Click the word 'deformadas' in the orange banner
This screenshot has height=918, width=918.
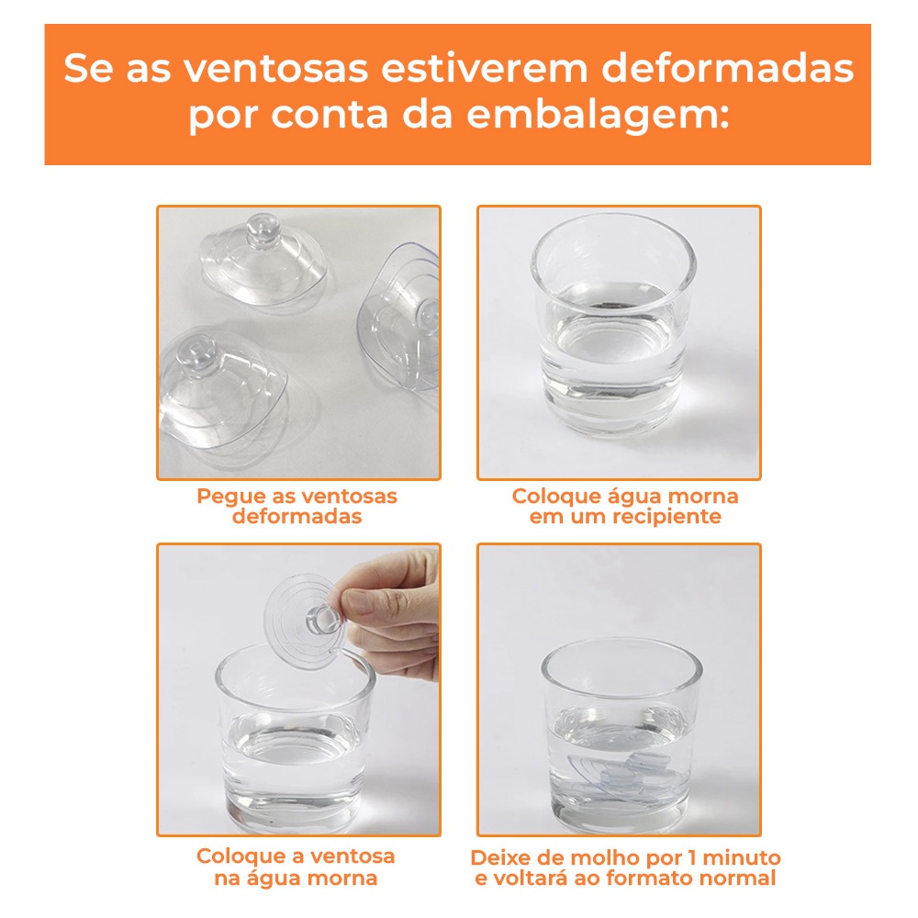pos(728,68)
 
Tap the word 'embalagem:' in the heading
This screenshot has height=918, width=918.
pos(598,115)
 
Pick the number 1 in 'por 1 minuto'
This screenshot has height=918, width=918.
pos(692,857)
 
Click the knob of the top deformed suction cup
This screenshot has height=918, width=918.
pos(263,230)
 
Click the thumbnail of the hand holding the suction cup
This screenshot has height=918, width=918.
pos(298,689)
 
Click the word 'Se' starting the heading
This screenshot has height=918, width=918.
pos(88,68)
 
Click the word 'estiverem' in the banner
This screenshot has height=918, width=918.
pos(485,68)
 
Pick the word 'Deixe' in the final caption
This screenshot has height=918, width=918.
pos(499,857)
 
